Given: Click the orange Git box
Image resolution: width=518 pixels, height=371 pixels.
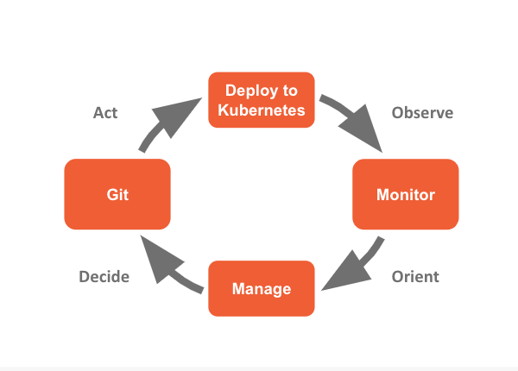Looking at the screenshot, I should click(x=117, y=195).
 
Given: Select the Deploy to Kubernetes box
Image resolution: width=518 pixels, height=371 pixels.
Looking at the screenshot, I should click(x=262, y=100).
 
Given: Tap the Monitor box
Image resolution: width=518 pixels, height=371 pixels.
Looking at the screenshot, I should click(x=405, y=195).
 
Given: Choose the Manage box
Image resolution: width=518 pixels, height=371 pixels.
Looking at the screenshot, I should click(x=262, y=289).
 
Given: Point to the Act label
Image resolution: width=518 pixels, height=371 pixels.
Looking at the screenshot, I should click(x=105, y=113).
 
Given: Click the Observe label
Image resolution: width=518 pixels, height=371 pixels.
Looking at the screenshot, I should click(x=422, y=113).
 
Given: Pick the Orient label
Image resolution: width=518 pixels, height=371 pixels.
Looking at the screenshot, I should click(x=415, y=277).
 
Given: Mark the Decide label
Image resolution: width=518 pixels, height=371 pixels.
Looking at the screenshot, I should click(x=104, y=277).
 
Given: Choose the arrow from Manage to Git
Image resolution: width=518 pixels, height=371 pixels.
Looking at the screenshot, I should click(x=168, y=270).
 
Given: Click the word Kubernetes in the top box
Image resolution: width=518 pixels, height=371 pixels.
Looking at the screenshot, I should click(x=262, y=110).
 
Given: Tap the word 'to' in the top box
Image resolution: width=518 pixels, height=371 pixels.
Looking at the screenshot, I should click(x=288, y=91).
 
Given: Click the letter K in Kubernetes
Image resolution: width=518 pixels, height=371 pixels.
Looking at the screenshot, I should click(x=224, y=110).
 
